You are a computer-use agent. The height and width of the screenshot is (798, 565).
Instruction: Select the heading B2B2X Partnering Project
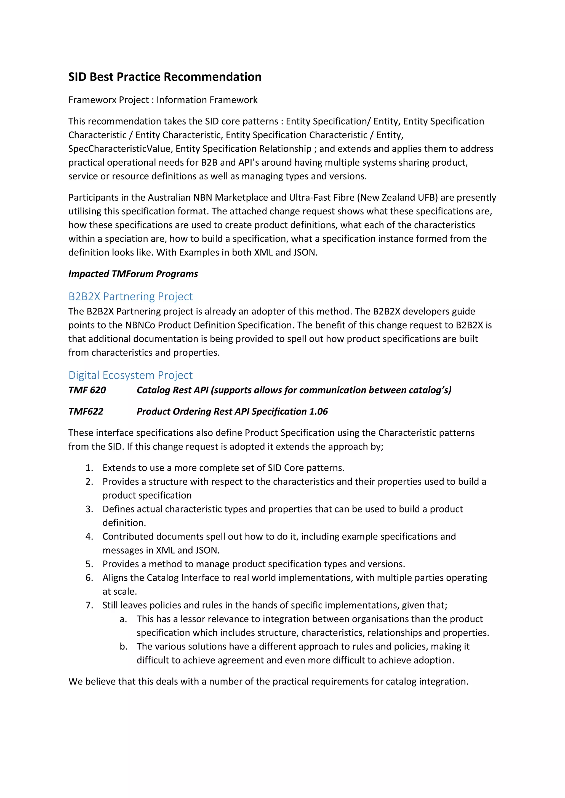tap(130, 296)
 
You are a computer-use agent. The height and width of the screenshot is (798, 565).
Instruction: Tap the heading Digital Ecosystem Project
tap(130, 375)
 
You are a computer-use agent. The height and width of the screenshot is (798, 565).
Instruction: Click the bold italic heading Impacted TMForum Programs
tap(133, 274)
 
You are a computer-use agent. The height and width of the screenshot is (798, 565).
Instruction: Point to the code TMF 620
tap(87, 390)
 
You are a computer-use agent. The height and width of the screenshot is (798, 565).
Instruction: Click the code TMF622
tap(86, 411)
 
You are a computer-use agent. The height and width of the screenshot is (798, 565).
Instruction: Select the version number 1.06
tap(318, 411)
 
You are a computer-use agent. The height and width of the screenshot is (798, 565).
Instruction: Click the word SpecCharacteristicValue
tap(120, 149)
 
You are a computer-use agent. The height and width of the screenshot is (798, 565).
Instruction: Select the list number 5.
tap(89, 564)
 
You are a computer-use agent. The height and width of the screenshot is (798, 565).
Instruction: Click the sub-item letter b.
tap(123, 646)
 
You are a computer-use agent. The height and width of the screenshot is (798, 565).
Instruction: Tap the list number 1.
tap(89, 468)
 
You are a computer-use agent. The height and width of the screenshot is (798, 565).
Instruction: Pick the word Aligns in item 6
tap(115, 578)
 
